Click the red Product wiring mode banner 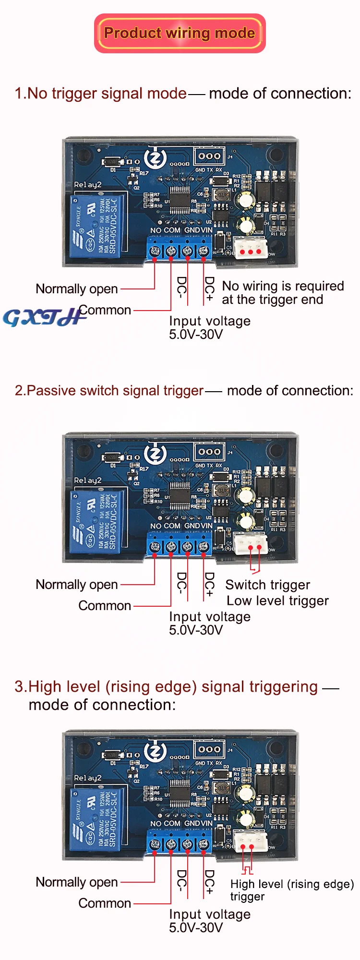coord(180,33)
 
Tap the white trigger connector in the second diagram coord(251,543)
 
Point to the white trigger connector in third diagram coord(251,841)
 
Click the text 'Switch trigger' coord(267,585)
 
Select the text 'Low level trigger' coord(277,600)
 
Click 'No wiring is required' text coord(283,286)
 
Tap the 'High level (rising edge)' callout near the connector coord(291,884)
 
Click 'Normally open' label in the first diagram coord(77,289)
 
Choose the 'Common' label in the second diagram coord(105,606)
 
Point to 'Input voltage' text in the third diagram coord(210,914)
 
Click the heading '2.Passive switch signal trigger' coord(109,391)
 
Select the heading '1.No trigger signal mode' coord(100,93)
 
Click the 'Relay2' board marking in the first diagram coord(87,185)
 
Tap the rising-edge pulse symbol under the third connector coord(247,870)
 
